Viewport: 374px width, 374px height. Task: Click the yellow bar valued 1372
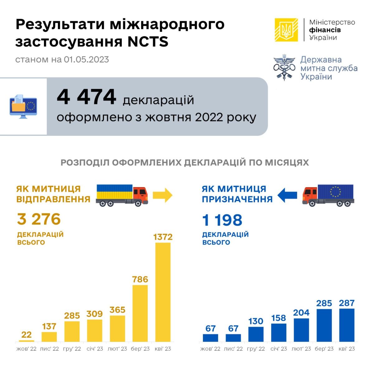(163, 292)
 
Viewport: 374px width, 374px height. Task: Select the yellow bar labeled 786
(140, 313)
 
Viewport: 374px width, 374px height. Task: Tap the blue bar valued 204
(301, 330)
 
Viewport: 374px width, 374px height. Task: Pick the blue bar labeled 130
(256, 334)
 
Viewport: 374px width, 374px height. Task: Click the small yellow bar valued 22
(26, 341)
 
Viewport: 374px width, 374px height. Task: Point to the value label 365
(117, 310)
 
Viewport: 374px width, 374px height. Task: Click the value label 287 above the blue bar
(347, 303)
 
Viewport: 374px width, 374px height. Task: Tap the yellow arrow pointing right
(162, 195)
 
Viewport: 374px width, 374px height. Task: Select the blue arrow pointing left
(287, 195)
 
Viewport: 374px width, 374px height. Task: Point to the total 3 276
(39, 219)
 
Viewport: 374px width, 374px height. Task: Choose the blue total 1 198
(222, 220)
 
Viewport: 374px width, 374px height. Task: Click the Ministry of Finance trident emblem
(286, 30)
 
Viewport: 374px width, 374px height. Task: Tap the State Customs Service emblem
(284, 67)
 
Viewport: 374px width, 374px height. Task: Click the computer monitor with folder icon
(23, 106)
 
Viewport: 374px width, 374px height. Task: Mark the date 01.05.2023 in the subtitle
(87, 60)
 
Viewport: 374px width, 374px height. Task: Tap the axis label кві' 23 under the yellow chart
(163, 349)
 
